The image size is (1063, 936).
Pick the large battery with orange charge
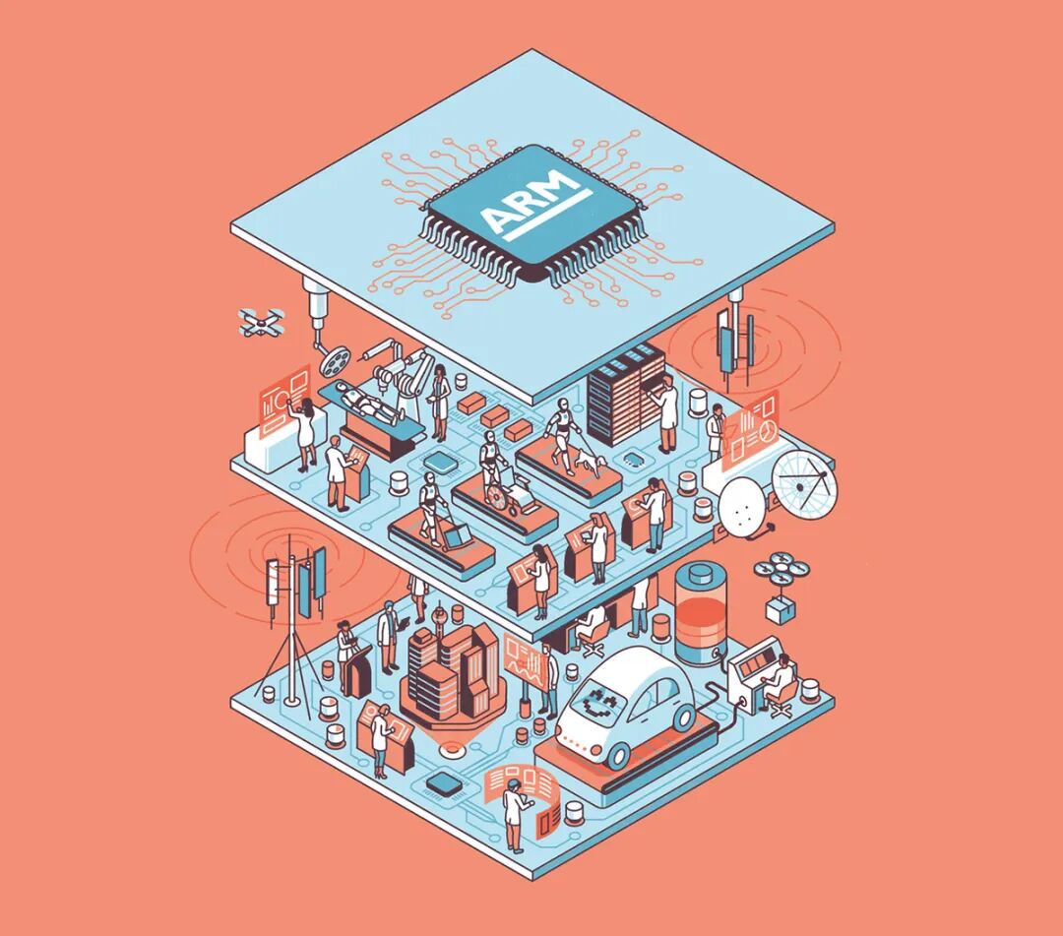tap(700, 613)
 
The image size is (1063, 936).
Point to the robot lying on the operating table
tap(363, 401)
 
